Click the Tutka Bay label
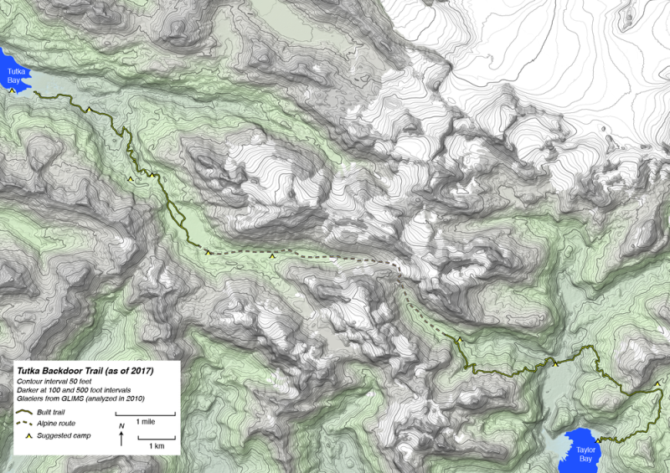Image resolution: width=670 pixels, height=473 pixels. pos(17,76)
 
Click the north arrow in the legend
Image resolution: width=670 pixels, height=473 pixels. pos(122,440)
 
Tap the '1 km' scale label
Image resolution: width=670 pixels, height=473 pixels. pos(157,447)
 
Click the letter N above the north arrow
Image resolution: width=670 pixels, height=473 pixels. pos(122,427)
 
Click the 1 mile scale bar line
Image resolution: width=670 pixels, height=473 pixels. pos(146,414)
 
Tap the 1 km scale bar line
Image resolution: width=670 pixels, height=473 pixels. pos(157,439)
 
